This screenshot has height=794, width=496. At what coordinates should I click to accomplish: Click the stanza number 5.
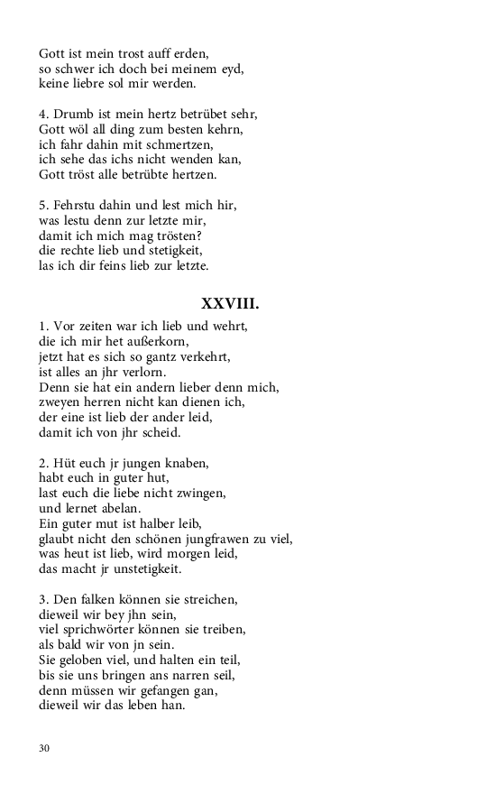click(42, 205)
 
